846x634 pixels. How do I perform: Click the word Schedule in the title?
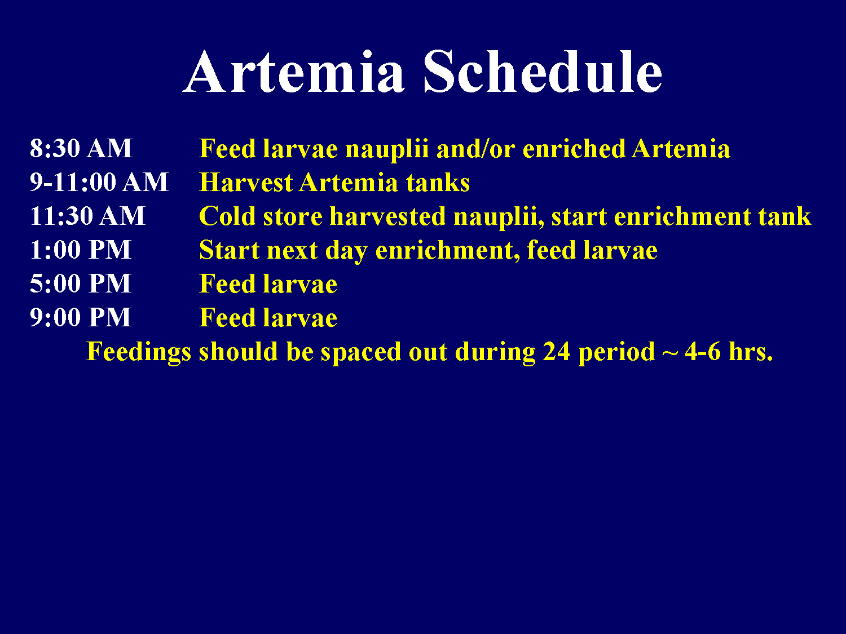[x=543, y=72]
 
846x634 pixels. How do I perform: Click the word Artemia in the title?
[x=294, y=72]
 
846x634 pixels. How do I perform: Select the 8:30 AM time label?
[x=81, y=149]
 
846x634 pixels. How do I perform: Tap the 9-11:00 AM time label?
[x=99, y=183]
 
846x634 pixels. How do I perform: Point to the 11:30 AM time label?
[x=87, y=216]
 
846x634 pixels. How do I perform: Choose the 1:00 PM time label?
[x=80, y=250]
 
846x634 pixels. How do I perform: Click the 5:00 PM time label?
[x=80, y=284]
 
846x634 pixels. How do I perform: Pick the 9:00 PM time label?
[x=80, y=318]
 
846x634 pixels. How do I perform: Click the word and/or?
[x=475, y=149]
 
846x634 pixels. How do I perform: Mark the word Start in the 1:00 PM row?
[x=230, y=250]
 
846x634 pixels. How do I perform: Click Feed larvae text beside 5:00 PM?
[x=268, y=284]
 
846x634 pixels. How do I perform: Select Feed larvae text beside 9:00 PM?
[x=268, y=318]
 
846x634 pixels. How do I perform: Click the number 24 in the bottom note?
[x=557, y=352]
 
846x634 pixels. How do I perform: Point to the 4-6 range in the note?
[x=702, y=352]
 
